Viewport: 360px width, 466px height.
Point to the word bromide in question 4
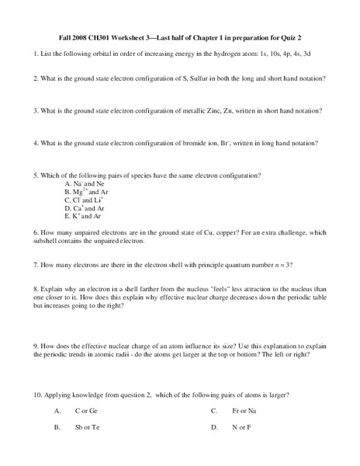[202, 142]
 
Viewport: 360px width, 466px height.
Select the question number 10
[37, 395]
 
